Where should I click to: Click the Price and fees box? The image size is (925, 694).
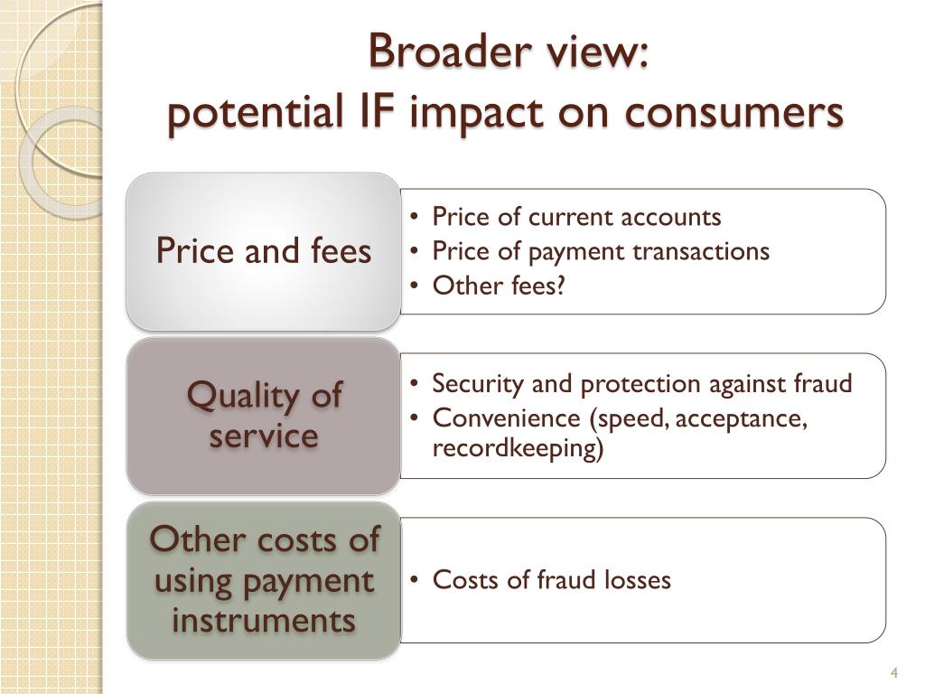point(263,250)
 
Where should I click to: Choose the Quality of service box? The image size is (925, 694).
point(263,416)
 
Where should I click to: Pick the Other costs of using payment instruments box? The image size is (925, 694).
point(263,580)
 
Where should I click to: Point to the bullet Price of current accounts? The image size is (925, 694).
point(576,217)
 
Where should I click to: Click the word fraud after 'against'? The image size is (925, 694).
point(823,384)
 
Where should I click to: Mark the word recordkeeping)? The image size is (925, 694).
point(518,448)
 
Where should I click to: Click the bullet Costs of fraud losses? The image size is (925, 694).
point(551,580)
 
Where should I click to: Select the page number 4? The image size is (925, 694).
point(893,673)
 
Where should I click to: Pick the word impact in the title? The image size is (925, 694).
point(468,113)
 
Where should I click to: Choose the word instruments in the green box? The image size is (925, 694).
point(263,621)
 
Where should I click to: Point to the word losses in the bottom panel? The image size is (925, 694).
point(640,580)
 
